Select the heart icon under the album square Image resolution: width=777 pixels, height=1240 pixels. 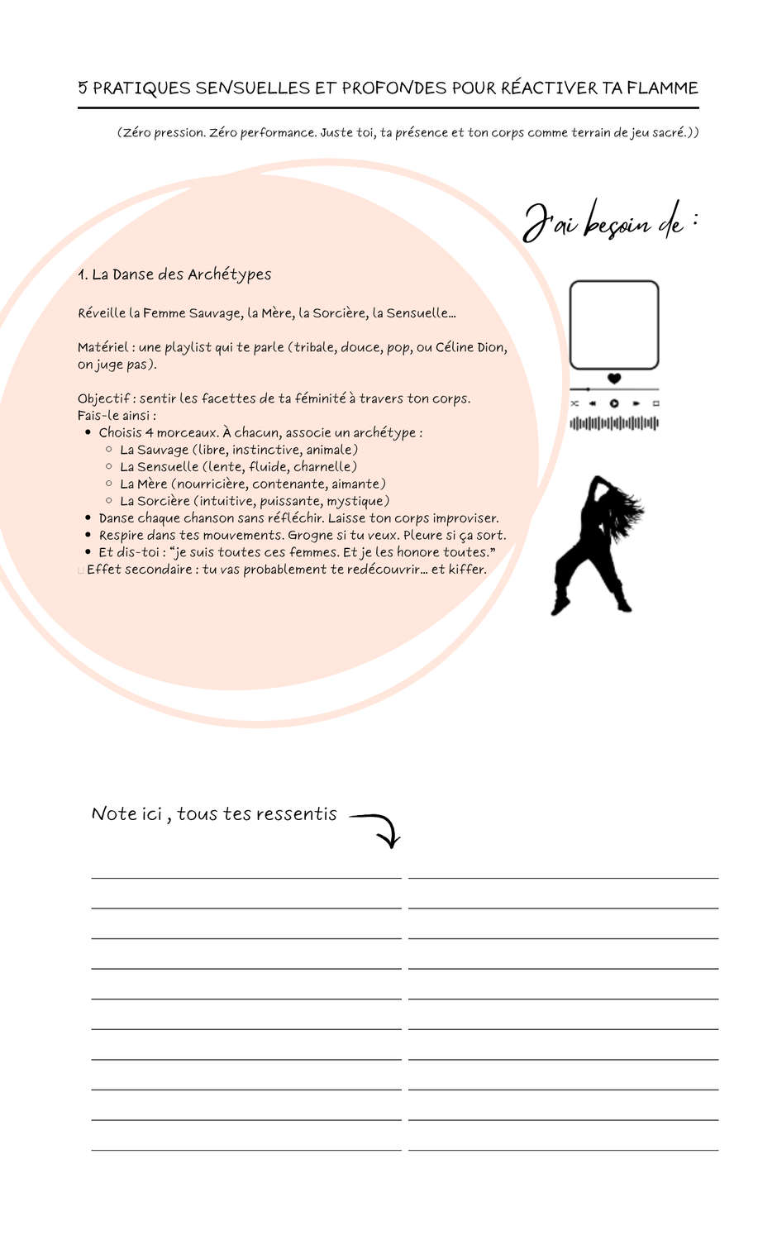point(614,379)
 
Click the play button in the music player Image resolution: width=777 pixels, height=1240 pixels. point(614,403)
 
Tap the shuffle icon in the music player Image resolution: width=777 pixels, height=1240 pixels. point(574,403)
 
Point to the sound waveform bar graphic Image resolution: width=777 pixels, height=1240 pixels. point(614,424)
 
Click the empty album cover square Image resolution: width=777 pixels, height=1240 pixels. point(614,325)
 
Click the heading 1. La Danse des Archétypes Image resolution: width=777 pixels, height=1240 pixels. point(174,274)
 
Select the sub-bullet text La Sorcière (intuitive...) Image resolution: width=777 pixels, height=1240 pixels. point(255,501)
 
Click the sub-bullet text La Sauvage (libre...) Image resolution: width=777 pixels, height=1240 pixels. point(239,450)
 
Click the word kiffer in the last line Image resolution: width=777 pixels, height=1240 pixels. point(467,570)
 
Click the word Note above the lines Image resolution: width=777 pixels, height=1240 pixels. point(114,814)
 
